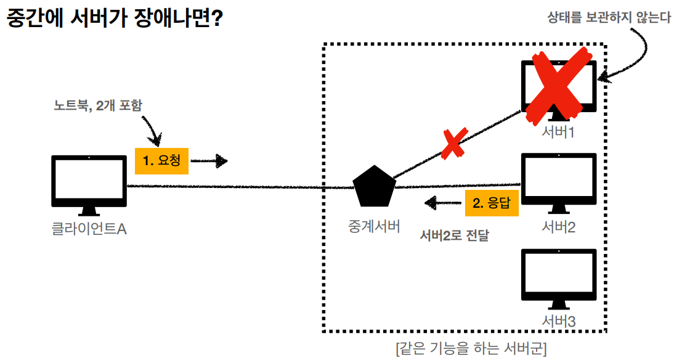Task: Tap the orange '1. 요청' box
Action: [161, 161]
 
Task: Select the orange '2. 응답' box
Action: [492, 202]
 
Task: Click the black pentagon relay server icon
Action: [373, 186]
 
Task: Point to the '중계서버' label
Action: [373, 226]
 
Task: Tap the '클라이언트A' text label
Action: [89, 229]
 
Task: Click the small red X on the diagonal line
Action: [452, 144]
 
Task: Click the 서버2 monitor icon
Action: [558, 181]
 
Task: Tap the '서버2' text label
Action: [558, 227]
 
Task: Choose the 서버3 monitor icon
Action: [558, 277]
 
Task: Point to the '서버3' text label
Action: [558, 321]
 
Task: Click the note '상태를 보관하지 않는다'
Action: [609, 17]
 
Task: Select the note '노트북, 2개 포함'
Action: [98, 105]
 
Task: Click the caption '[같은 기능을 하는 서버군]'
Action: [471, 348]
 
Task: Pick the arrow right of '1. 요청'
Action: [209, 162]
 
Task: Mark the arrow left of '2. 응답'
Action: [442, 203]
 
